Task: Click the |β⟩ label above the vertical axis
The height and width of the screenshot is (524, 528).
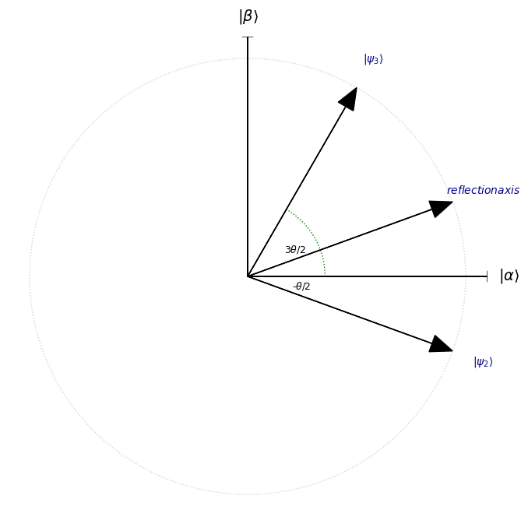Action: [x=248, y=16]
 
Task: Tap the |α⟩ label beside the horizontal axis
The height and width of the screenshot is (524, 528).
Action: [x=509, y=276]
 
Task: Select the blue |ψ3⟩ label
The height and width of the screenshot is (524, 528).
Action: [x=374, y=59]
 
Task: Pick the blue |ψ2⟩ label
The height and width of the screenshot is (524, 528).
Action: [x=483, y=362]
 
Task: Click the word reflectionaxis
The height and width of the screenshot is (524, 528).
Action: [x=483, y=190]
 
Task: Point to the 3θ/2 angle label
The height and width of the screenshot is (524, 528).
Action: [x=295, y=249]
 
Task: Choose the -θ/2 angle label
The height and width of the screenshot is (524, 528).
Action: [x=301, y=287]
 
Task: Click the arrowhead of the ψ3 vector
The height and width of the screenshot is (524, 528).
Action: [x=349, y=99]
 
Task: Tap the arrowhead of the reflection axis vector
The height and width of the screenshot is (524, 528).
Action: [x=440, y=209]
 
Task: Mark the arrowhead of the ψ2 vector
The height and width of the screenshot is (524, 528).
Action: [x=440, y=344]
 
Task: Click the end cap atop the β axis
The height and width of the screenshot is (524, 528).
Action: [x=248, y=37]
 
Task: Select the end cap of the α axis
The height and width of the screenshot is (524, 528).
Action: [x=487, y=276]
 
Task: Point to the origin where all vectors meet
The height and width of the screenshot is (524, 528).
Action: [x=248, y=276]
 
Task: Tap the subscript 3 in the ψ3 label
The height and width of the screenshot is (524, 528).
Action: [x=376, y=61]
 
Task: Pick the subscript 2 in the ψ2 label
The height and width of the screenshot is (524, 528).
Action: [x=486, y=364]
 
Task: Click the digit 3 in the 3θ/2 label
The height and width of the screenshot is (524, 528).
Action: [x=287, y=249]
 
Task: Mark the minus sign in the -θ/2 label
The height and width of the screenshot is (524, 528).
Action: [x=294, y=287]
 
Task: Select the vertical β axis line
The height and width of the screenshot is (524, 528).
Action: [x=248, y=156]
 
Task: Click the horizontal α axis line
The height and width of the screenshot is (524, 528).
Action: [x=368, y=276]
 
